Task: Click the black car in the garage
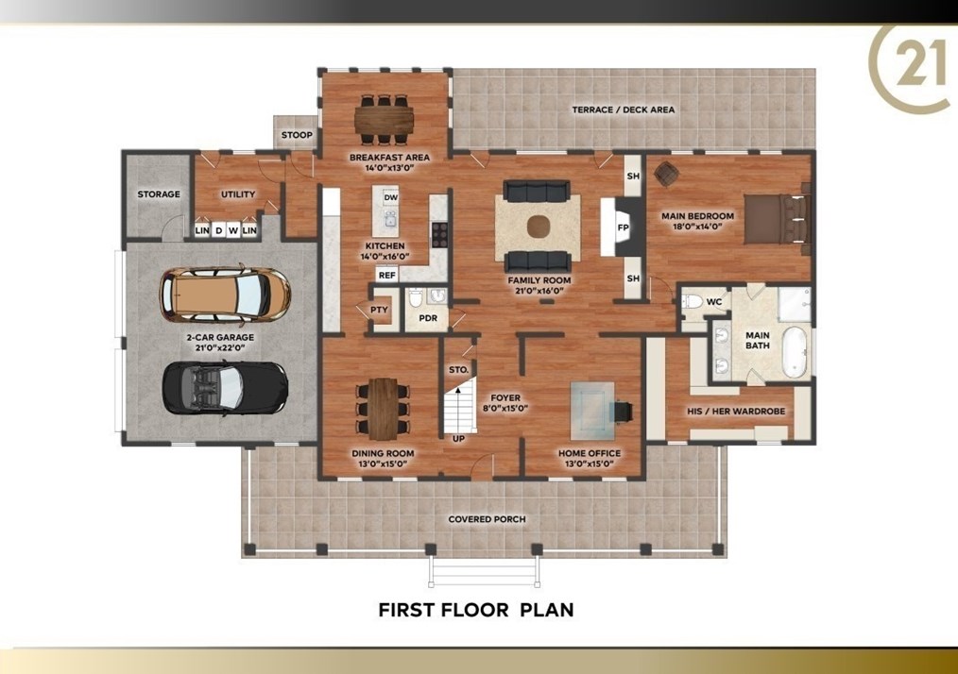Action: pos(225,388)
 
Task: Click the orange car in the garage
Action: pos(225,295)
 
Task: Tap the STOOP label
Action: pos(297,135)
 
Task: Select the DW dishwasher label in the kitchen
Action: pos(390,197)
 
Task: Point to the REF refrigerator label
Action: pos(387,276)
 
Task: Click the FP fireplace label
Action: pos(624,227)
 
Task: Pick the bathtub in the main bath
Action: pos(795,352)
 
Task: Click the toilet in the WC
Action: pos(692,301)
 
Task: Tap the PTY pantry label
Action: pos(380,310)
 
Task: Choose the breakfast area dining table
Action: pos(385,116)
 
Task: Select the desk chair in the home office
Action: pos(623,413)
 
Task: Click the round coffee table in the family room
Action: pos(539,227)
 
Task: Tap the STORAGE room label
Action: pos(159,194)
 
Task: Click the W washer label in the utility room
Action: pos(233,230)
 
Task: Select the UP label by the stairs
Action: pos(458,439)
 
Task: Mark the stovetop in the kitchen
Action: pos(440,234)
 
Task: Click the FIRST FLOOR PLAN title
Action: pos(476,610)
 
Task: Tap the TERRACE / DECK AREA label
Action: pos(624,110)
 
